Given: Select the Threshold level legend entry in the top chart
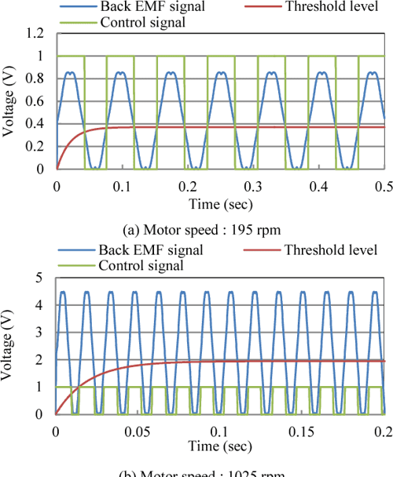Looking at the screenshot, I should click(322, 7).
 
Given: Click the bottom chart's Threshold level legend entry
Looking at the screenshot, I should click(322, 250).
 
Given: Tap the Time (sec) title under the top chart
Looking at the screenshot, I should click(220, 202).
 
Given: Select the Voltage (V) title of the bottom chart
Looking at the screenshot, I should click(9, 345).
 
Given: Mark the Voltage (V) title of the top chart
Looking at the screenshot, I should click(9, 102).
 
